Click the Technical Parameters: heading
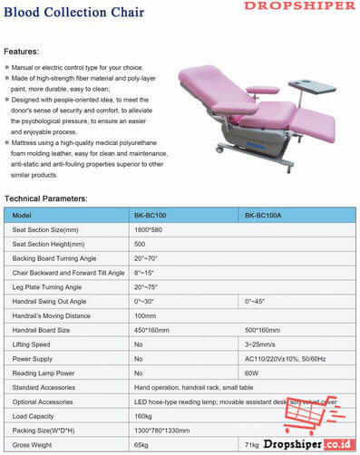click(x=59, y=198)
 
